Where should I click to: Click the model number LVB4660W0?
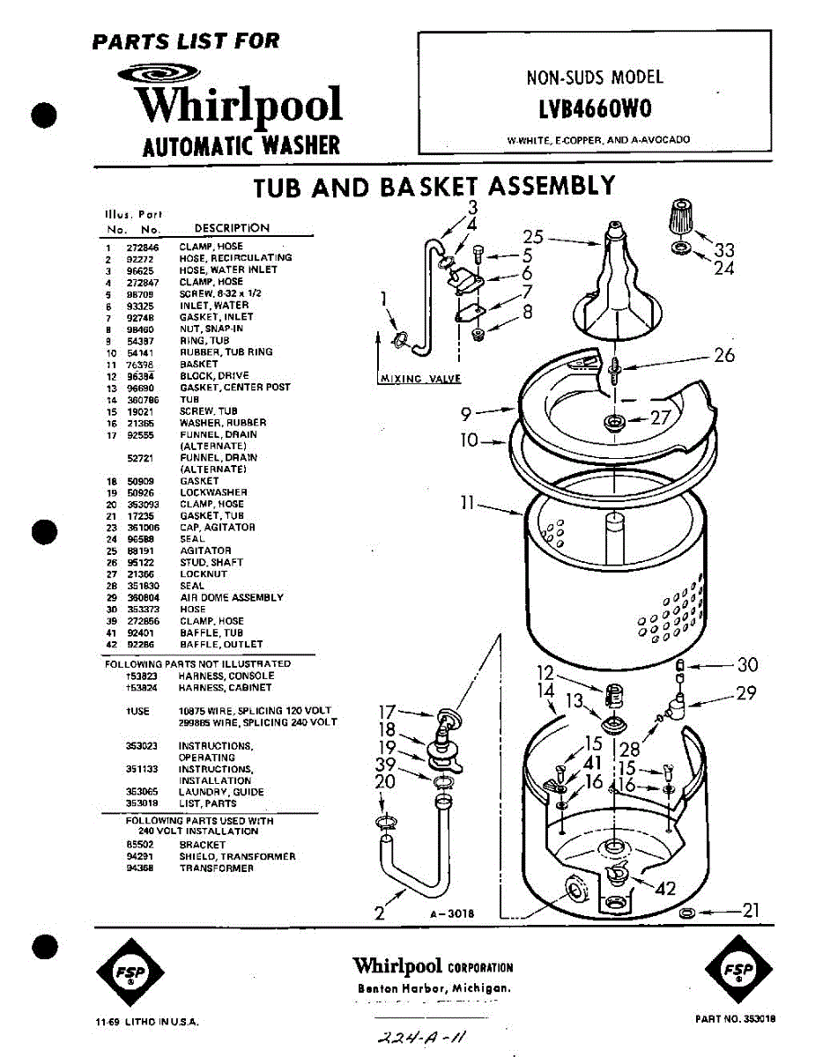[595, 110]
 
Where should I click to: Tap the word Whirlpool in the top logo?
[238, 106]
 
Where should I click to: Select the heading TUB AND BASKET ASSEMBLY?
[434, 187]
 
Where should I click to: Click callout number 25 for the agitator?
[532, 236]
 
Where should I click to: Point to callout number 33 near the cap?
[723, 250]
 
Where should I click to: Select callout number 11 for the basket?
[467, 504]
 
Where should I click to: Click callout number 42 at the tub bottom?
[665, 889]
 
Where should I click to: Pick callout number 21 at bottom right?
[749, 911]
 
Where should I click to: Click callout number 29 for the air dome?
[745, 693]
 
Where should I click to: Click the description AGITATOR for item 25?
[205, 551]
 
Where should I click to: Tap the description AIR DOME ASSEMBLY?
[232, 597]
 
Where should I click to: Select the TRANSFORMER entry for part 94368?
[216, 869]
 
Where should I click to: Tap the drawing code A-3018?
[452, 913]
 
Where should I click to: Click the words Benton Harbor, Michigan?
[434, 988]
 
